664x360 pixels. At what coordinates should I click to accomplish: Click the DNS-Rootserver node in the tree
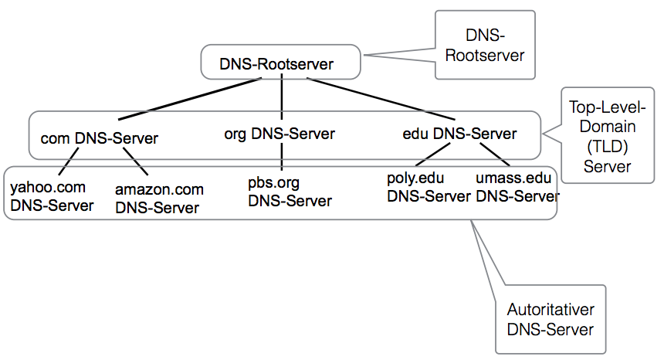point(280,62)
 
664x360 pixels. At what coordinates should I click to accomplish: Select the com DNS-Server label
point(99,138)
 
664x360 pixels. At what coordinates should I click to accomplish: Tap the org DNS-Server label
point(279,134)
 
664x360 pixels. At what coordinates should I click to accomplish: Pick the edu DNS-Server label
point(459,134)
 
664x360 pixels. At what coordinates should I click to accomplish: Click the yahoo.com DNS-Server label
point(52,196)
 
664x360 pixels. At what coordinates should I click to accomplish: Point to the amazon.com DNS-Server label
point(159,199)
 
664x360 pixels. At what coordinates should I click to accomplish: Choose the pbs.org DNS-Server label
point(290,192)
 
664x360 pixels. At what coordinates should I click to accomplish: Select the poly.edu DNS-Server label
point(429,187)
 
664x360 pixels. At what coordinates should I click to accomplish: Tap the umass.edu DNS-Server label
point(517,187)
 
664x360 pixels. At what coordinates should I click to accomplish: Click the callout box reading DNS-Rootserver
point(486,45)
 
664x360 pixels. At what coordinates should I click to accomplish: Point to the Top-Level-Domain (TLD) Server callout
point(608,135)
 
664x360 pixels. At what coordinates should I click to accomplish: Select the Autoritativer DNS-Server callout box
point(551,319)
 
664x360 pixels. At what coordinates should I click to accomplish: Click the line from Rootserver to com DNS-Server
point(190,99)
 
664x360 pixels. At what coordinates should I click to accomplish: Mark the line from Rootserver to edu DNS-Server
point(381,99)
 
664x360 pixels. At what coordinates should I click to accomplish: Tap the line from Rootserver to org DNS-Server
point(282,97)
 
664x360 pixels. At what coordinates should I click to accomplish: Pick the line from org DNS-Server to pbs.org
point(282,157)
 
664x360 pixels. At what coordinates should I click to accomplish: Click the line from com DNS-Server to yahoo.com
point(69,161)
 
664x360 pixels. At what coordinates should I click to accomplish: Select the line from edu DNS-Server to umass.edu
point(495,155)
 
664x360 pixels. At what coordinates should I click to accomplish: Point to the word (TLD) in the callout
point(608,147)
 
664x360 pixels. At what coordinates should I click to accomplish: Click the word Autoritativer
point(551,310)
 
